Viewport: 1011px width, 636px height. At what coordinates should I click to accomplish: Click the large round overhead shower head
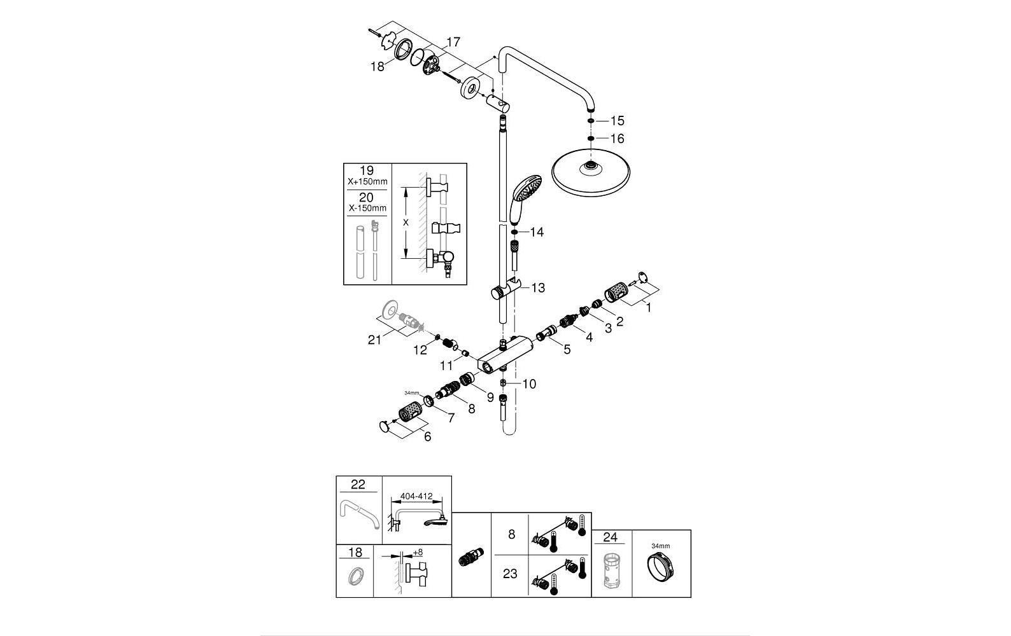[x=591, y=172]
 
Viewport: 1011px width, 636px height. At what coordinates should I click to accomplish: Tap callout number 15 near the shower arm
[x=618, y=120]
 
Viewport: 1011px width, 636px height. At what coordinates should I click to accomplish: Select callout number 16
[x=618, y=138]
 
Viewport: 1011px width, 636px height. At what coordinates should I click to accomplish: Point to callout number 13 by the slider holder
[x=538, y=288]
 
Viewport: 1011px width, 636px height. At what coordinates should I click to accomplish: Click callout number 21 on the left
[x=374, y=340]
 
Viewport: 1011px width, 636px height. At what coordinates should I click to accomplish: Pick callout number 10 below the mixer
[x=529, y=384]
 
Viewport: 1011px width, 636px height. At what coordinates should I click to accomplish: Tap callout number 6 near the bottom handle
[x=427, y=437]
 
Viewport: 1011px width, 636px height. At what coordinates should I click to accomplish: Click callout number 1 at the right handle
[x=648, y=308]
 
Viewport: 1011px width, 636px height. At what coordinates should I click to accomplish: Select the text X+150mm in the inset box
[x=367, y=182]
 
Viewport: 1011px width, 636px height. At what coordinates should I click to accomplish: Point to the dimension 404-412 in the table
[x=417, y=497]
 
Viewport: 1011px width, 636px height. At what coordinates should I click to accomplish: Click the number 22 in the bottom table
[x=358, y=485]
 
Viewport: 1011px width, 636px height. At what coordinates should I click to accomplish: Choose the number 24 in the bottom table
[x=611, y=537]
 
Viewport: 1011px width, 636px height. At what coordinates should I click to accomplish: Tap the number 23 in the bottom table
[x=510, y=574]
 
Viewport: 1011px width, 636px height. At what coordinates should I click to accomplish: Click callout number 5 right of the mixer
[x=567, y=349]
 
